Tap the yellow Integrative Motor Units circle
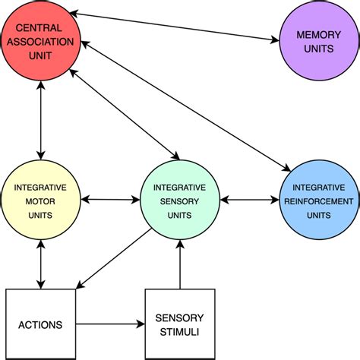(x=39, y=201)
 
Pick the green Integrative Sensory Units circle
(x=180, y=201)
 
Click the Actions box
(x=39, y=324)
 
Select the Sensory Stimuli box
(x=180, y=324)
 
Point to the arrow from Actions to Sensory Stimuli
(x=110, y=325)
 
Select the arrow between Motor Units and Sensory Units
(x=109, y=201)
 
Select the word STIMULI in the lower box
(x=180, y=331)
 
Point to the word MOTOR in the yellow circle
(x=39, y=201)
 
